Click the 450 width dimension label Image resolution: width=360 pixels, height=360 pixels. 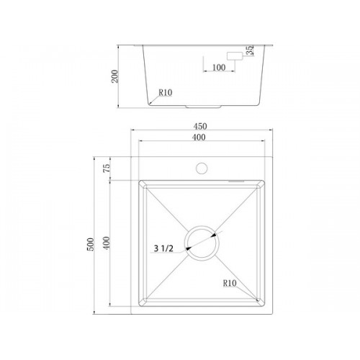200,126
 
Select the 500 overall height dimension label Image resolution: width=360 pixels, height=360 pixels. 91,244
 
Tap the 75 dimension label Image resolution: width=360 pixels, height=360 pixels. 107,168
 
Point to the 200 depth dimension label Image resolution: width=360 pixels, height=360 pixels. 114,76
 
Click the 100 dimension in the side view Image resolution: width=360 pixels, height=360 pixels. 219,68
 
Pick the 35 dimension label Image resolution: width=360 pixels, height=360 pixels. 250,50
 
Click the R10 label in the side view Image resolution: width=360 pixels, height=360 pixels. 166,92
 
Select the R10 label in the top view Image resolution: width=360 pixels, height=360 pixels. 230,283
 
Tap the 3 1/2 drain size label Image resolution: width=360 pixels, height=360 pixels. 163,248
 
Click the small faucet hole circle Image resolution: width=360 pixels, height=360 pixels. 202,168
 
